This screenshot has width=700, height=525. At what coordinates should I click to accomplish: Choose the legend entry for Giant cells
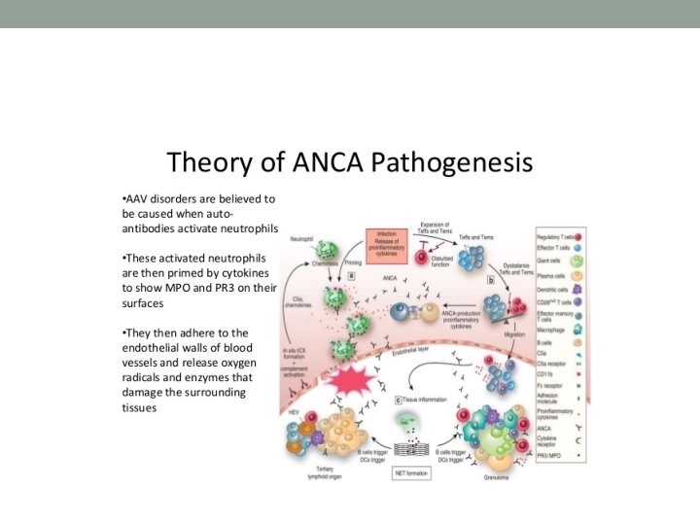point(550,261)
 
